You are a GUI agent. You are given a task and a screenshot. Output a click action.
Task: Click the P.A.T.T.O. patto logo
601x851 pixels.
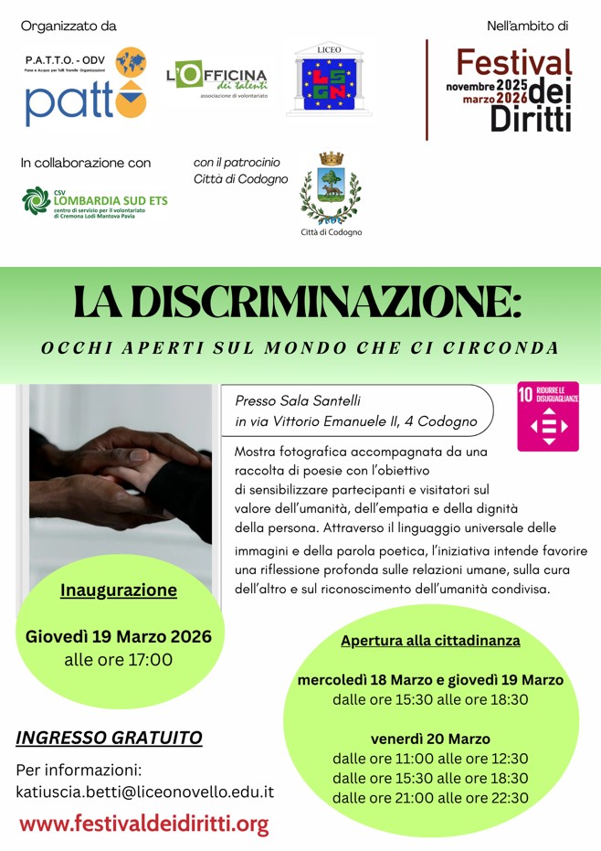(x=85, y=88)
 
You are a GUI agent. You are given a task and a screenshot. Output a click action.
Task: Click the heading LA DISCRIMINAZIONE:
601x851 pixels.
(x=298, y=303)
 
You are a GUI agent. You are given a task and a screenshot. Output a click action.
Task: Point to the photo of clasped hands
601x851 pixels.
(x=121, y=471)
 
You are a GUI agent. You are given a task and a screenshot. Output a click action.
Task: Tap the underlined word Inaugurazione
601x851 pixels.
(x=119, y=590)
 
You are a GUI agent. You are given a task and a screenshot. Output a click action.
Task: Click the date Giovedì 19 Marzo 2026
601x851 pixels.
(x=119, y=636)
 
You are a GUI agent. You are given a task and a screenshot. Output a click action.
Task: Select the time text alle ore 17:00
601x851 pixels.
(x=119, y=659)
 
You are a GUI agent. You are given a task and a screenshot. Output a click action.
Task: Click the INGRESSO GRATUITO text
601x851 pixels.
(x=109, y=737)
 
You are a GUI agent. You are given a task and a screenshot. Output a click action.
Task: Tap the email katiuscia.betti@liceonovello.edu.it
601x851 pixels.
(x=145, y=792)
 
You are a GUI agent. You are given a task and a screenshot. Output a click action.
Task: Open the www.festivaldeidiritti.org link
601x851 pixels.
(x=144, y=824)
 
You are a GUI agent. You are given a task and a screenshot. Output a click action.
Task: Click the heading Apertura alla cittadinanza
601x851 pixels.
(x=430, y=641)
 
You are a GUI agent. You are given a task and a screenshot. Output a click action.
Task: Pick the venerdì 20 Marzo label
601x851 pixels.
(x=430, y=739)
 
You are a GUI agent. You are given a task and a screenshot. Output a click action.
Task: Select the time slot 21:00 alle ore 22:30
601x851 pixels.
(x=430, y=797)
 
